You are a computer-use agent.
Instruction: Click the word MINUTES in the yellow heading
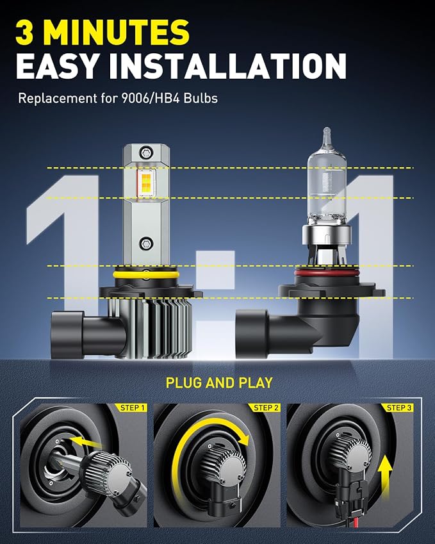117,32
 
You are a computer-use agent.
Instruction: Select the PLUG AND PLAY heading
219,383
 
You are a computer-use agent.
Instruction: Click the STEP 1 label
132,408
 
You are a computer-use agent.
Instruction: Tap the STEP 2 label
266,408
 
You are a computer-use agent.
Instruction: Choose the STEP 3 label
399,408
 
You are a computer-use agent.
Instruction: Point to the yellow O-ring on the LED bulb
146,274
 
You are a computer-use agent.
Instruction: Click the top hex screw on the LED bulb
146,152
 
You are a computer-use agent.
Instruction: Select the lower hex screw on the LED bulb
146,243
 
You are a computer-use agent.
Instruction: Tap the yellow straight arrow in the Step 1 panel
85,442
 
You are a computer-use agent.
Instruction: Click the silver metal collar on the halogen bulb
327,235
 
